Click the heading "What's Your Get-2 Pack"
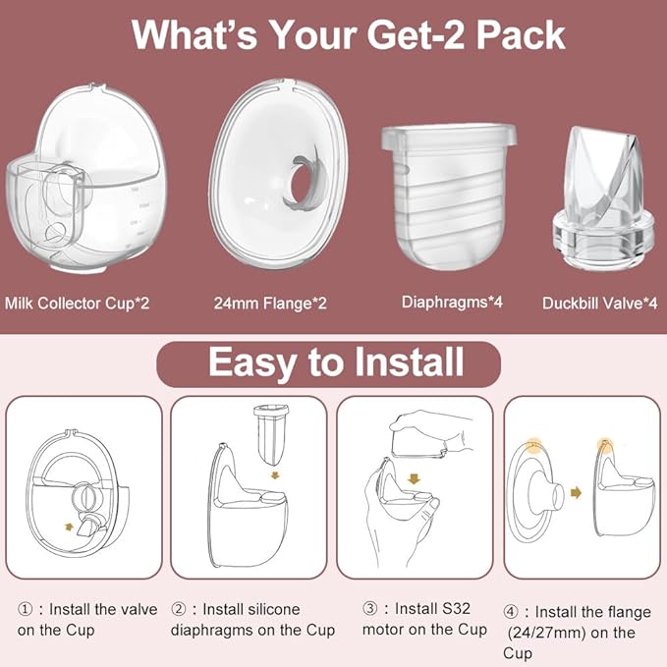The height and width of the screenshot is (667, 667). pyautogui.click(x=349, y=35)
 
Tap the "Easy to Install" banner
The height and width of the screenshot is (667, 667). pyautogui.click(x=335, y=362)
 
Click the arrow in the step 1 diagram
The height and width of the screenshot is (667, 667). pyautogui.click(x=68, y=526)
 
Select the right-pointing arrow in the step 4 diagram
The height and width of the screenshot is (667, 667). pyautogui.click(x=575, y=491)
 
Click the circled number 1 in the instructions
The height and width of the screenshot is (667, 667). pyautogui.click(x=25, y=609)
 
